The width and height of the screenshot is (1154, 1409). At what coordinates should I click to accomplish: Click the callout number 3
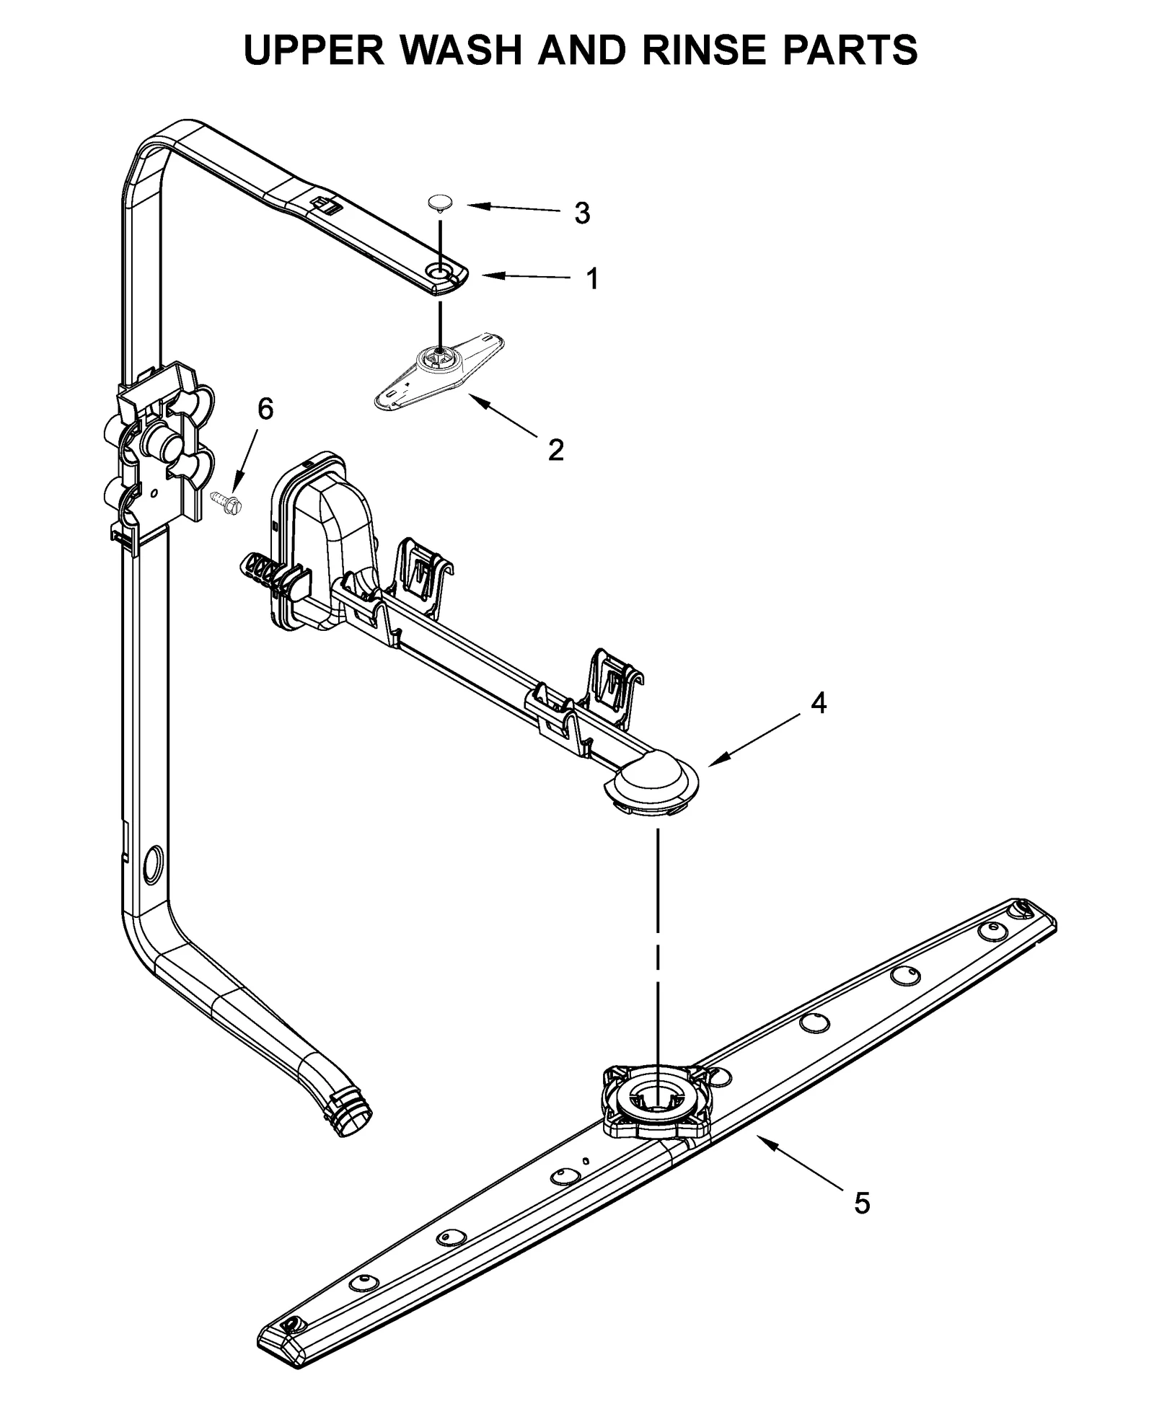point(581,213)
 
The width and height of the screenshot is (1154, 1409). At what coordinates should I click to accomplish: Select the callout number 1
point(591,278)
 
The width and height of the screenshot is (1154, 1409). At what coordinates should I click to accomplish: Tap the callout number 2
point(555,450)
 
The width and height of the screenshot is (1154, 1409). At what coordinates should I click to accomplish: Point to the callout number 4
point(818,702)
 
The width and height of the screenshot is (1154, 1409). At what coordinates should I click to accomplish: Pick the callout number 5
point(862,1203)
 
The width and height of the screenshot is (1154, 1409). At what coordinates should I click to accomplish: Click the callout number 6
point(265,410)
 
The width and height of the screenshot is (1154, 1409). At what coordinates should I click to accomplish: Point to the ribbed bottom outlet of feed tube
point(354,1118)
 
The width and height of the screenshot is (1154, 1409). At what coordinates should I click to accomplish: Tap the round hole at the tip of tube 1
point(439,271)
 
